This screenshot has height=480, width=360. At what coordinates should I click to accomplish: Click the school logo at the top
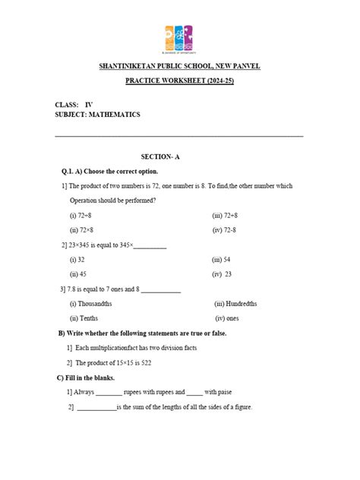click(x=180, y=38)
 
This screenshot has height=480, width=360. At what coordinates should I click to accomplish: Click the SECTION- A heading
click(x=179, y=156)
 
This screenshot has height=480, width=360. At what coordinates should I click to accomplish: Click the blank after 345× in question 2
click(x=150, y=245)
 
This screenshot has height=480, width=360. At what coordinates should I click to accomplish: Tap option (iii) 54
click(x=222, y=260)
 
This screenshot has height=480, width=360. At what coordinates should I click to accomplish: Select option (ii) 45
click(x=78, y=273)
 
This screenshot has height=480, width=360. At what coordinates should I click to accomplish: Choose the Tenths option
click(x=86, y=318)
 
